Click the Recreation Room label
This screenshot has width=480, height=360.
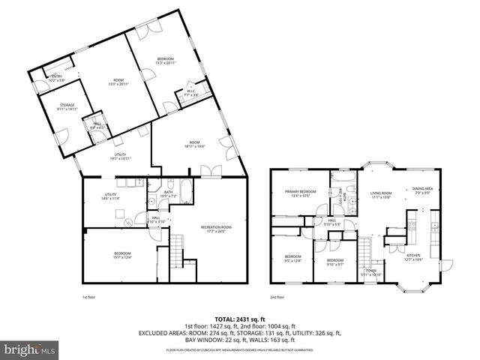(215, 229)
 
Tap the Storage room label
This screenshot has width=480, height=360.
(67, 107)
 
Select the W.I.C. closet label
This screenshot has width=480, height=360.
(191, 94)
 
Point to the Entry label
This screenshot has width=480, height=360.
(56, 77)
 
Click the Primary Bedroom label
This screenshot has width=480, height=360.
(300, 193)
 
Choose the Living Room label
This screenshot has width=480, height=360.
(381, 195)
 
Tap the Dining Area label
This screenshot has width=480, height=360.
(423, 190)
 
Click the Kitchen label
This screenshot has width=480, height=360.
(414, 256)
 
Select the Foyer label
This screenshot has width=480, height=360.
(370, 271)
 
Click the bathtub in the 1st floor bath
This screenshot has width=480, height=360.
(184, 187)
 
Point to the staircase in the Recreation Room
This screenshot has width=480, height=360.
(177, 251)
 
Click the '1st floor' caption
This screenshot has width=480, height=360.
(89, 297)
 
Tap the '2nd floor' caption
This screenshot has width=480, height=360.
(277, 297)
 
